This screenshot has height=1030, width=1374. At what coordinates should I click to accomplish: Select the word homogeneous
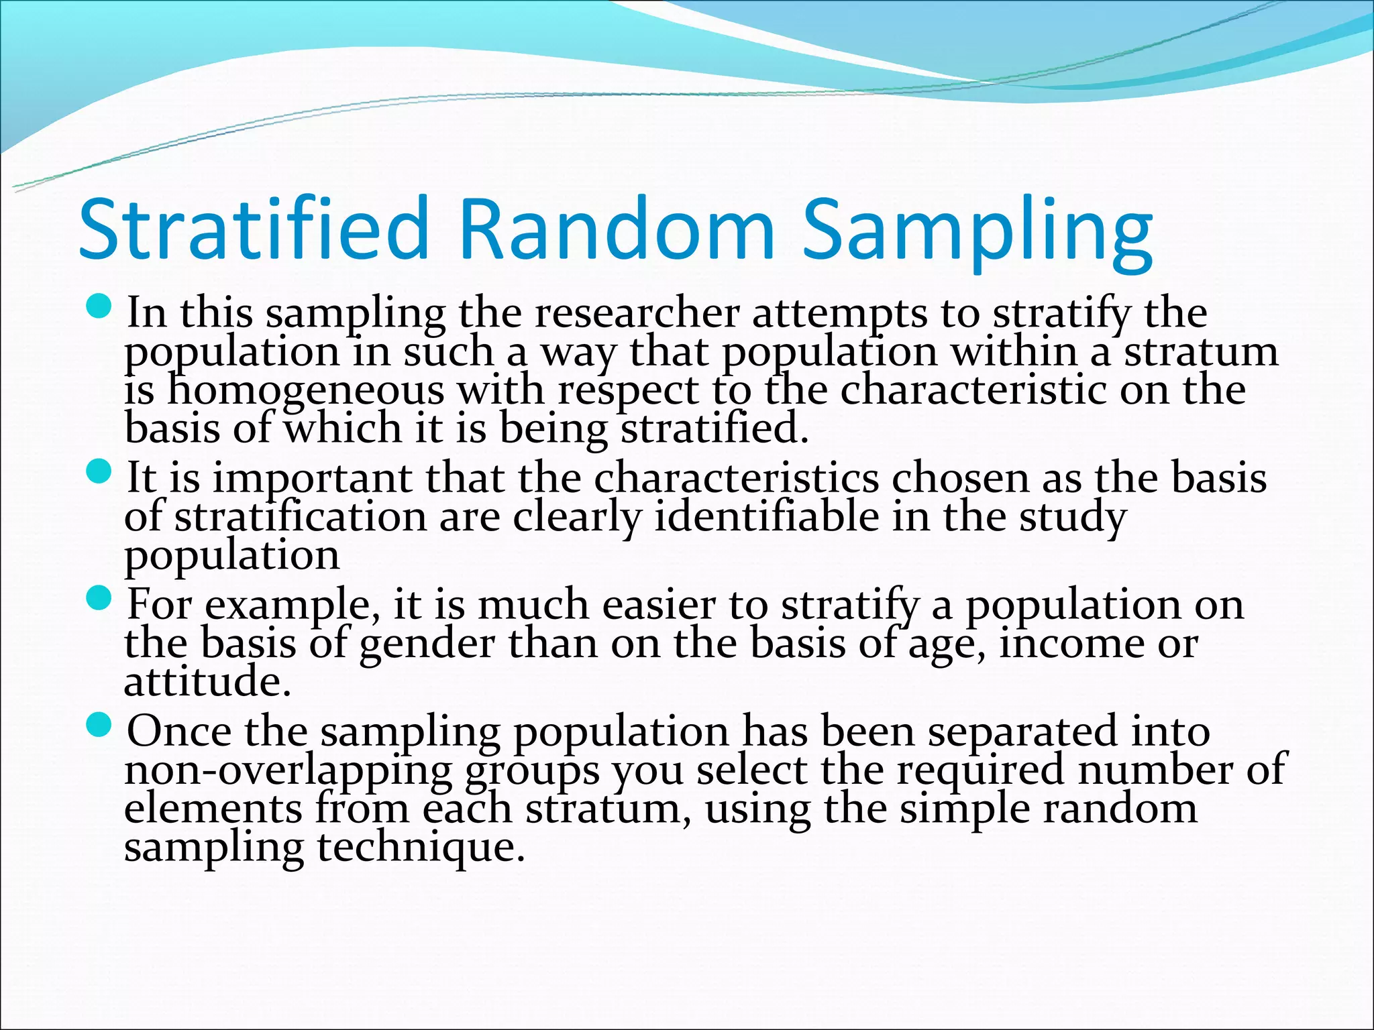coord(305,390)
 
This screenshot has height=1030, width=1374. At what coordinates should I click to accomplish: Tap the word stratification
coord(301,517)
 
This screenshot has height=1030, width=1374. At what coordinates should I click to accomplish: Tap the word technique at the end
coord(420,848)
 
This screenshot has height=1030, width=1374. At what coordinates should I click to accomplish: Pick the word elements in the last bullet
coord(213,809)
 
